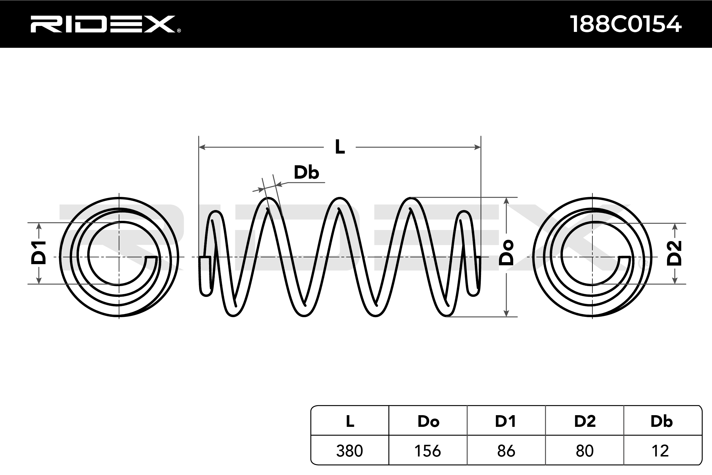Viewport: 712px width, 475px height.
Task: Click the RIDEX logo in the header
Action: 105,24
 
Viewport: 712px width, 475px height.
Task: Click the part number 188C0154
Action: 626,24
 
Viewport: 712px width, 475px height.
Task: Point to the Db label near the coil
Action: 306,172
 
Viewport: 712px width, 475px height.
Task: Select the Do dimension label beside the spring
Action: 506,253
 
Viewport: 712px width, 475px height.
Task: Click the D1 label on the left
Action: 38,253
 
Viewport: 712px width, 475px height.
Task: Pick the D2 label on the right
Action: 674,254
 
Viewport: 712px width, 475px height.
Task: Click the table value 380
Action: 350,451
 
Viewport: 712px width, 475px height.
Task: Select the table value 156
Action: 427,451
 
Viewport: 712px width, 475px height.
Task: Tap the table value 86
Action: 506,451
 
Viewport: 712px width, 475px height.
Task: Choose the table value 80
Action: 585,451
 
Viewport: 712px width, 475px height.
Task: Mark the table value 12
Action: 660,451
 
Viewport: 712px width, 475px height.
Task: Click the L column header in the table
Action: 350,421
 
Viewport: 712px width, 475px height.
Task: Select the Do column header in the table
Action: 428,421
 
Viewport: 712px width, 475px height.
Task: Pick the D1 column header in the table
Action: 506,421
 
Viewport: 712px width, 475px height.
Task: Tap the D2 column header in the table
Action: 585,421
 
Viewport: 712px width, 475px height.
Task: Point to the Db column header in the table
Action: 661,421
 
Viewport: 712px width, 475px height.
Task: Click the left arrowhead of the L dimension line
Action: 202,147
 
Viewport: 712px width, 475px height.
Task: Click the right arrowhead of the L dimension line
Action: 477,147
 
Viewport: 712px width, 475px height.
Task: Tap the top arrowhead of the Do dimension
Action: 506,201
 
